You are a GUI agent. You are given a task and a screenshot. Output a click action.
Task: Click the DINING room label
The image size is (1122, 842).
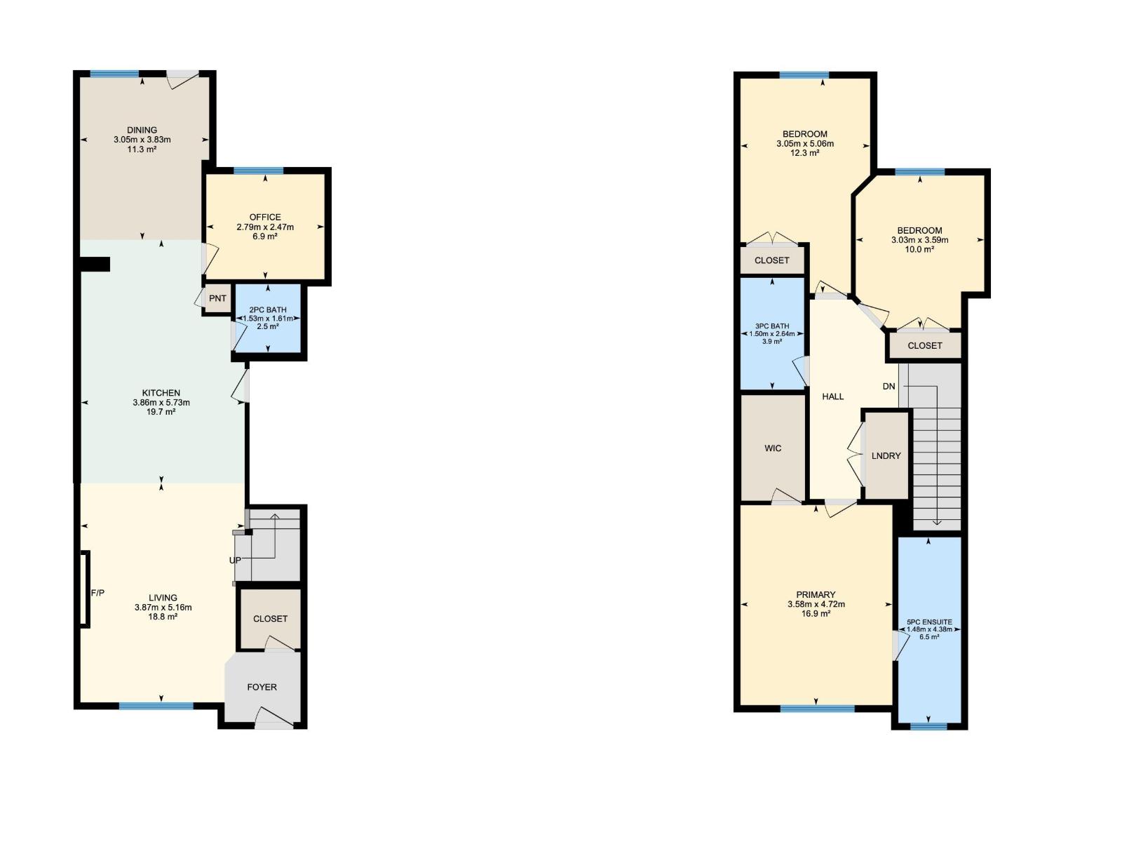142,130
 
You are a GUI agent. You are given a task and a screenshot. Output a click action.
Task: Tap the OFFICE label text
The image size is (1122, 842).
265,218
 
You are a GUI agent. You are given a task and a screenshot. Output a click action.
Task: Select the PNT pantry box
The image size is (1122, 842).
217,298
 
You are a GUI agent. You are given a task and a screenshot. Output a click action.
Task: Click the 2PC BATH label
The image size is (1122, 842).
268,309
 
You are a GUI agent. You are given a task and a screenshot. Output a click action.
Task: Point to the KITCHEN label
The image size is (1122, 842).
161,393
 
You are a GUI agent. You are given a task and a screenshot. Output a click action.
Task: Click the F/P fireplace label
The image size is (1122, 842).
98,594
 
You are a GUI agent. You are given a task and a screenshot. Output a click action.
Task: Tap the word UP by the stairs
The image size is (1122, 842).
235,561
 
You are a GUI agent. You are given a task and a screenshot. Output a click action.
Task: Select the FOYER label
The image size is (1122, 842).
262,687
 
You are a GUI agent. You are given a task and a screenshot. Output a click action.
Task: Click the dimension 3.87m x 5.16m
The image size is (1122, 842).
163,608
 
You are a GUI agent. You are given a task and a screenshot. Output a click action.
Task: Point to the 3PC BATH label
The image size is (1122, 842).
772,326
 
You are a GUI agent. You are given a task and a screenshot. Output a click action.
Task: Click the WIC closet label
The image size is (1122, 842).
773,448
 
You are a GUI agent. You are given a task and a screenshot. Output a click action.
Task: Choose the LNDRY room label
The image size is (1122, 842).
886,456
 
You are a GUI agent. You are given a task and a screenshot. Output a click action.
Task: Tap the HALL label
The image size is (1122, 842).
833,396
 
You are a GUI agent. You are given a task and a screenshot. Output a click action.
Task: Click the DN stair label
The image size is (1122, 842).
889,387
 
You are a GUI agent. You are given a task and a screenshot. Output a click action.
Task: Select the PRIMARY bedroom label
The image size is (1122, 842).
816,594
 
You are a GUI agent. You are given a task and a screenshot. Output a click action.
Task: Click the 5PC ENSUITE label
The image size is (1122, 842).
929,622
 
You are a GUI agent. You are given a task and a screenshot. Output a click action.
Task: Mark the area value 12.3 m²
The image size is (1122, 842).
805,153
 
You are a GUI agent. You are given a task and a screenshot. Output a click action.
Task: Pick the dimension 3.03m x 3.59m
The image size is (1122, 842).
919,240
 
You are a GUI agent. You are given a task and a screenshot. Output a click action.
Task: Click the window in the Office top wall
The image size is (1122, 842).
259,171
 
